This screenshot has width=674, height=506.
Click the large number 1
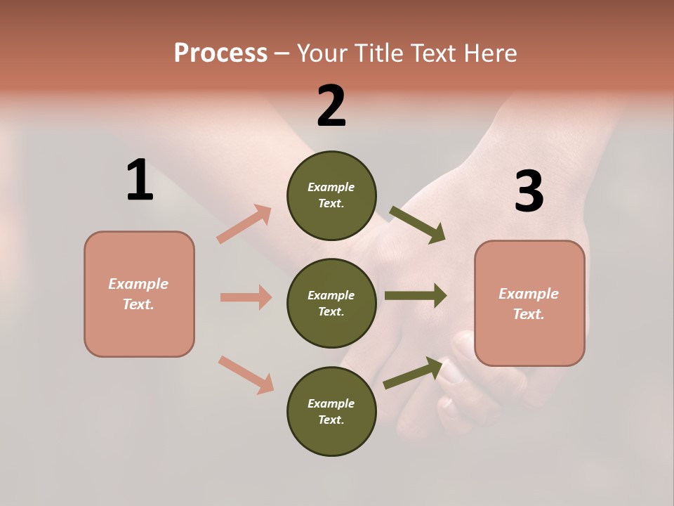[x=140, y=180]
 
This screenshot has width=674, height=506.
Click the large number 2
[x=331, y=106]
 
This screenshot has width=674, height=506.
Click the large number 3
[x=529, y=191]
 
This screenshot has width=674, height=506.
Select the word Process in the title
[x=220, y=53]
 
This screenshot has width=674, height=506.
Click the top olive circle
[x=331, y=195]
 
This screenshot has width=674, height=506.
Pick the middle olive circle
[x=331, y=303]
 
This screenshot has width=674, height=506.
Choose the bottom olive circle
[x=331, y=411]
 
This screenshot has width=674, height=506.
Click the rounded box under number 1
[x=139, y=294]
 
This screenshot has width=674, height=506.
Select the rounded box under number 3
[x=529, y=303]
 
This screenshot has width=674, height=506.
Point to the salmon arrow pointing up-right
[x=244, y=223]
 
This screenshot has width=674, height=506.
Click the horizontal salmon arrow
[x=246, y=297]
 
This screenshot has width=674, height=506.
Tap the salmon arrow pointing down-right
[x=246, y=375]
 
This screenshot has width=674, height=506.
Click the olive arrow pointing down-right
[x=417, y=224]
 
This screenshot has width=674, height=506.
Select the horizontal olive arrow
[x=416, y=295]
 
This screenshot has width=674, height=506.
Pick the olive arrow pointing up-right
[x=414, y=372]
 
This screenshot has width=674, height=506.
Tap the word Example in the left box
[x=138, y=284]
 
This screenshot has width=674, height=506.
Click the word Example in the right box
[x=529, y=294]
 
